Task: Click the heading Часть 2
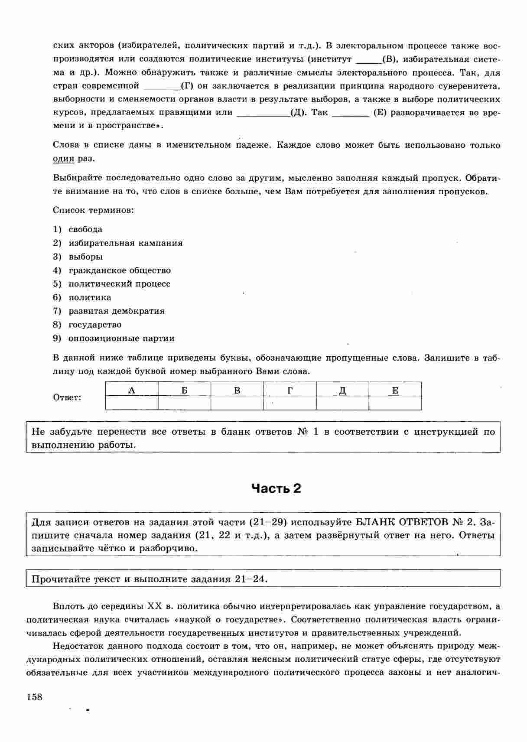(276, 488)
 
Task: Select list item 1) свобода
(85, 229)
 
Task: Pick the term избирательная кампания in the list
(125, 243)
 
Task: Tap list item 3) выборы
(85, 257)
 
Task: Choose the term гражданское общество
(120, 270)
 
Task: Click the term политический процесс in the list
(119, 284)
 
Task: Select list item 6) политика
(90, 297)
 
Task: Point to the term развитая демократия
(117, 311)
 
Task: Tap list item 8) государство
(95, 325)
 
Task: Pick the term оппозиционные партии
(121, 338)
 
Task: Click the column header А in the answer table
(132, 390)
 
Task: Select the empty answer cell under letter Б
(184, 403)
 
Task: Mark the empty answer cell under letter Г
(290, 403)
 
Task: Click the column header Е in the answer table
(395, 390)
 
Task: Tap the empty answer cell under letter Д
(342, 403)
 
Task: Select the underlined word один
(63, 159)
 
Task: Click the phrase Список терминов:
(93, 210)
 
